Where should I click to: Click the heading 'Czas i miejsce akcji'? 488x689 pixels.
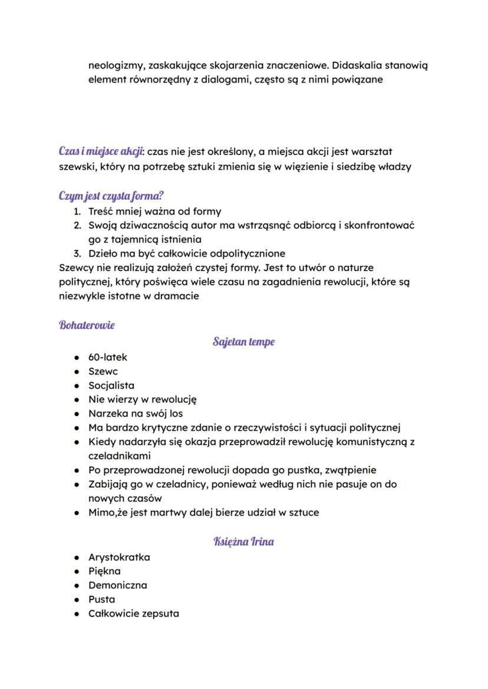tap(101, 151)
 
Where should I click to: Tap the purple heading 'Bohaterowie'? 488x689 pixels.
tap(87, 325)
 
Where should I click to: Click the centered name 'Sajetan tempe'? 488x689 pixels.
tap(243, 342)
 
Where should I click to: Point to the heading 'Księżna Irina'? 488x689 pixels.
tap(243, 542)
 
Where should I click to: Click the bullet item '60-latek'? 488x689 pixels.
tap(107, 357)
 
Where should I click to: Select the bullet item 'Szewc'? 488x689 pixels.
tap(103, 371)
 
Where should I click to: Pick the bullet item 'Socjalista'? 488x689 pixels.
tap(111, 385)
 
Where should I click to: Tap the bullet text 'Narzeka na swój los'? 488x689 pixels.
tap(136, 414)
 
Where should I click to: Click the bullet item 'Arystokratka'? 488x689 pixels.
tap(119, 557)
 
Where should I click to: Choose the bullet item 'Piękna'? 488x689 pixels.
tap(104, 571)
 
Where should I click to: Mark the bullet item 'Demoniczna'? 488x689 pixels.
tap(117, 585)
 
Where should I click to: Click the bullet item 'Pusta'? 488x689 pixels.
tap(101, 599)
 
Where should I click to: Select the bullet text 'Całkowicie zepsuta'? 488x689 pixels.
tap(134, 614)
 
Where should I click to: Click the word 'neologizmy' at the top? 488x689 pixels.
tap(117, 65)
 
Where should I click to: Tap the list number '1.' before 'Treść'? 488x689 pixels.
tap(77, 211)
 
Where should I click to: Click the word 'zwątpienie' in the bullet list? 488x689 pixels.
tap(350, 470)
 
